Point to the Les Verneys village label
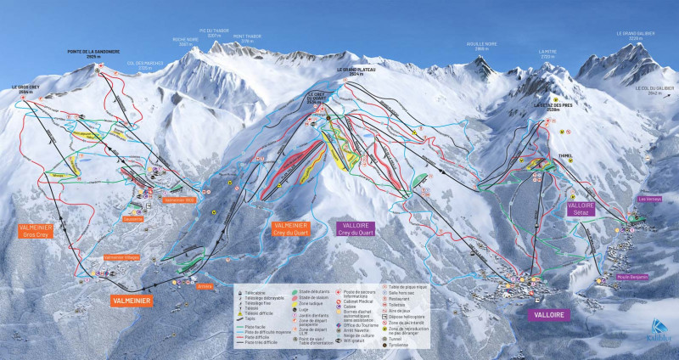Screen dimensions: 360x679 pos(649,200)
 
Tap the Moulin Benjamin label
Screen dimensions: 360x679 pos(632,277)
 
